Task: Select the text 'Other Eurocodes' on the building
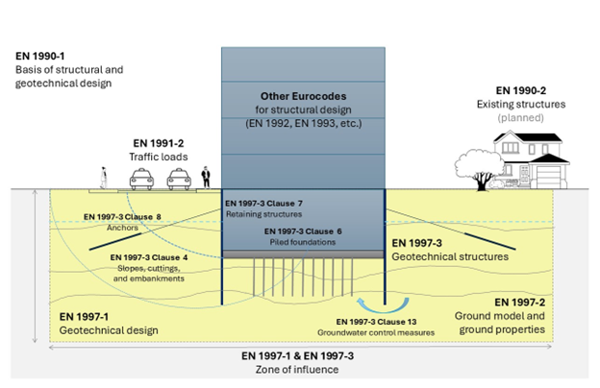tap(303, 97)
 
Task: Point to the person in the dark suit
tap(205, 178)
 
